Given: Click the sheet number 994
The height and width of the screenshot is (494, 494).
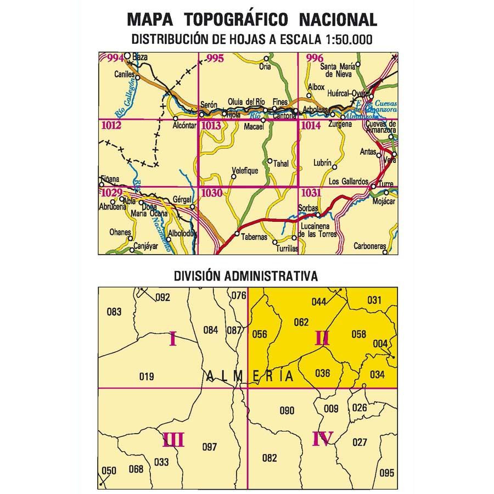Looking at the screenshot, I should pyautogui.click(x=116, y=58).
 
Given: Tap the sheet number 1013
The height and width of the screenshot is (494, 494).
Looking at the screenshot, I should pyautogui.click(x=212, y=126).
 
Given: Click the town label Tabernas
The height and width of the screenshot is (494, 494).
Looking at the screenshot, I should pyautogui.click(x=254, y=237).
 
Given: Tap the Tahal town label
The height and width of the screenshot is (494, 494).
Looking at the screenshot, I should pyautogui.click(x=280, y=163).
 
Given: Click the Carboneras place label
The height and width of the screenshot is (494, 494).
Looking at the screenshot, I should pyautogui.click(x=370, y=245).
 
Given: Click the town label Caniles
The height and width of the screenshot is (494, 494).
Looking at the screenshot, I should pyautogui.click(x=124, y=74).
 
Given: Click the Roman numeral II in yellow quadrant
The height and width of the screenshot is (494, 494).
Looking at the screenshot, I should pyautogui.click(x=322, y=339).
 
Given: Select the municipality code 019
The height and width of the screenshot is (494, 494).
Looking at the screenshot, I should pyautogui.click(x=147, y=377).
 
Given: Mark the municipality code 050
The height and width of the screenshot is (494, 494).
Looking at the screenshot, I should pyautogui.click(x=110, y=470).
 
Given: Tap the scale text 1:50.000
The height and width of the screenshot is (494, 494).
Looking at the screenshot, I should pyautogui.click(x=340, y=39).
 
